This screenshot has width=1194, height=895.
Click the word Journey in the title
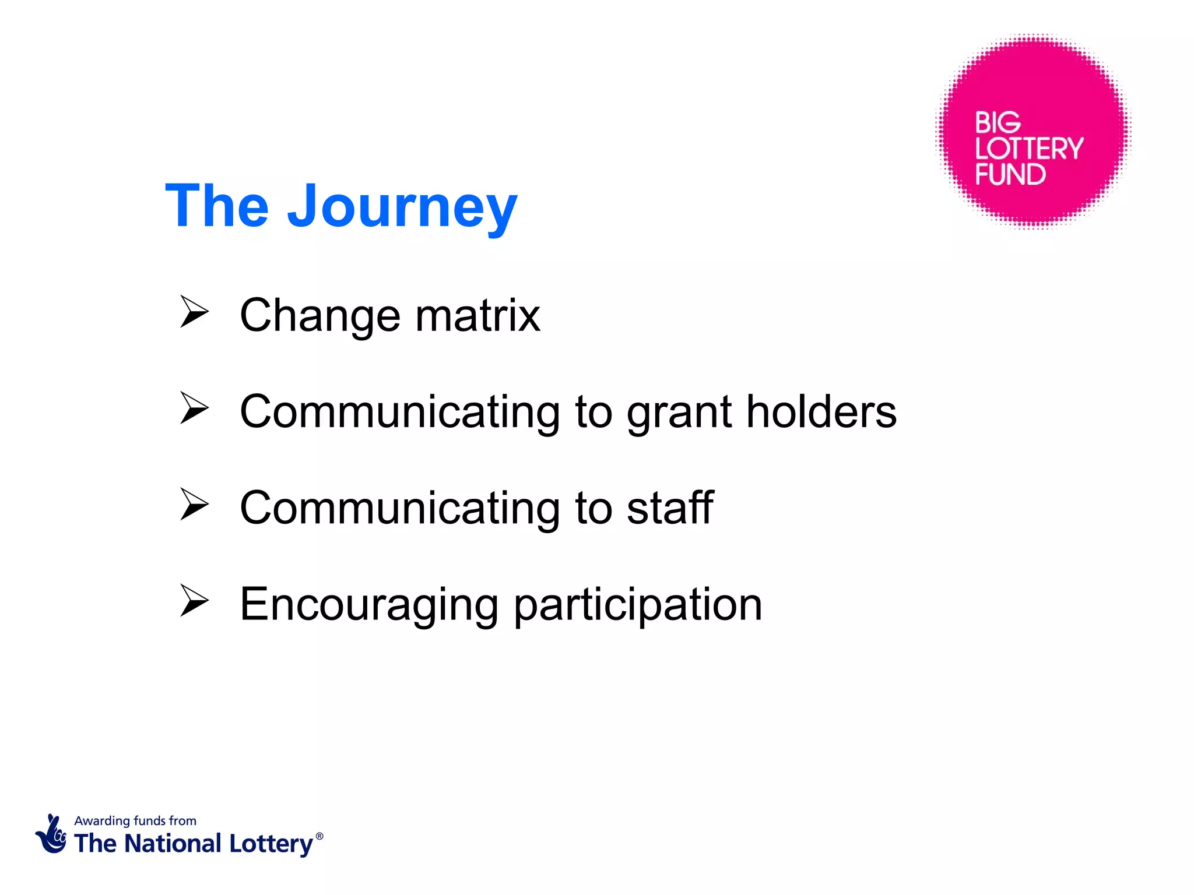pyautogui.click(x=402, y=207)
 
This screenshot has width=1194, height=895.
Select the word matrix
pyautogui.click(x=477, y=315)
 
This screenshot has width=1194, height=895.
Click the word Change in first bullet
pyautogui.click(x=320, y=316)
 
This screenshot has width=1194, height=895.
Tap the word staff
pyautogui.click(x=670, y=508)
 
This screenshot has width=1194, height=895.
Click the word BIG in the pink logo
pyautogui.click(x=998, y=123)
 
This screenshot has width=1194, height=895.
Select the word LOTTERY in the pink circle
pyautogui.click(x=1029, y=149)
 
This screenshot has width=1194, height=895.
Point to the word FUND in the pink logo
pyautogui.click(x=1010, y=174)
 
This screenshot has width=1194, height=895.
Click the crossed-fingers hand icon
pyautogui.click(x=51, y=834)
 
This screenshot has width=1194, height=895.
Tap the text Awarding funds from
pyautogui.click(x=135, y=820)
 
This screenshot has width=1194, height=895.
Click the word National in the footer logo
pyautogui.click(x=173, y=844)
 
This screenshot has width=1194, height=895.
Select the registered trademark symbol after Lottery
pyautogui.click(x=319, y=836)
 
